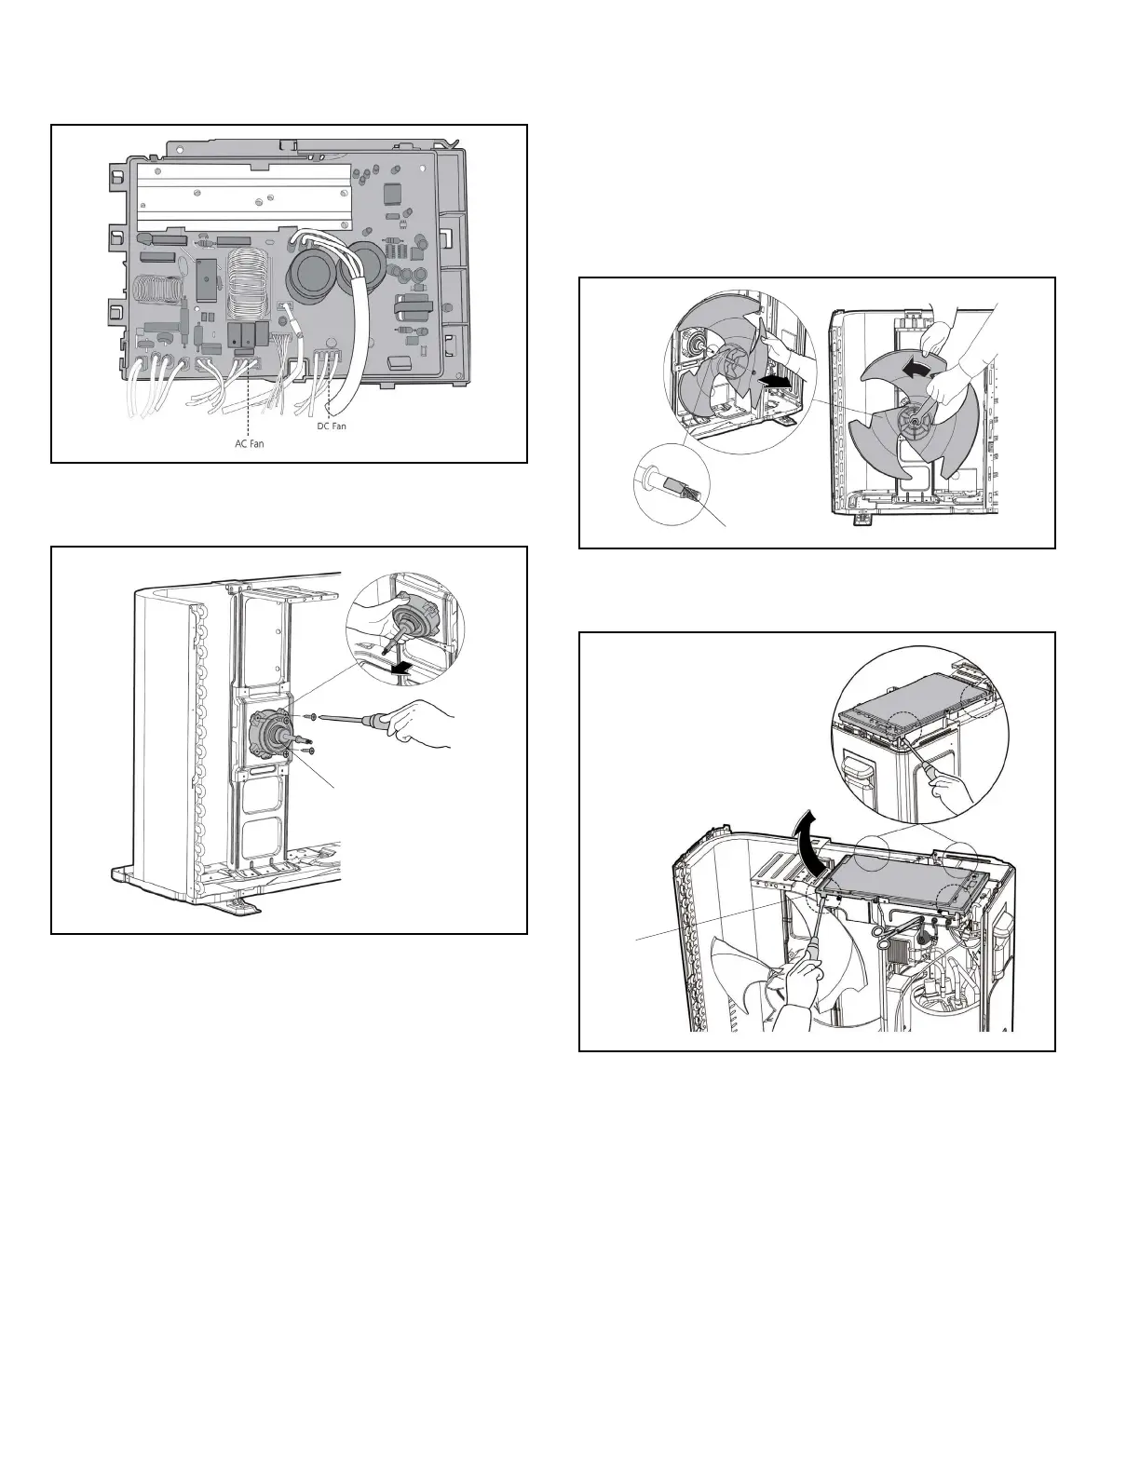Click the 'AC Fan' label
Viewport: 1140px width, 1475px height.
pos(249,443)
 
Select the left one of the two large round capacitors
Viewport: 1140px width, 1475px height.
pos(308,276)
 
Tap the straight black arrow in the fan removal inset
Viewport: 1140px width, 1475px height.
pos(775,382)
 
